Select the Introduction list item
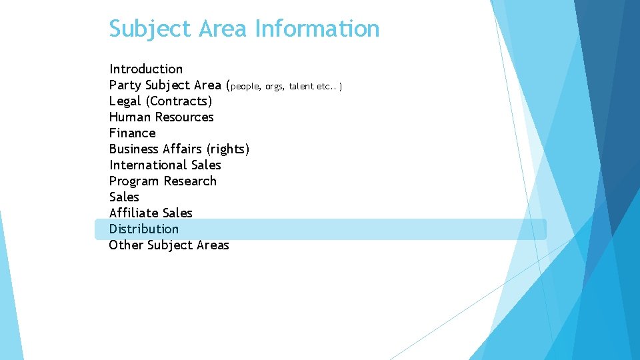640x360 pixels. [x=146, y=69]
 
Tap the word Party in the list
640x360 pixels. [x=125, y=85]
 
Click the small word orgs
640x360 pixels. [x=273, y=86]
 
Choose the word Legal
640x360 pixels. [x=125, y=101]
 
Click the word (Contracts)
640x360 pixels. [x=179, y=101]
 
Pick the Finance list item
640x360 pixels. [x=132, y=133]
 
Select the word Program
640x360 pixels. [x=135, y=181]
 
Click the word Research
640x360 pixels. [x=190, y=181]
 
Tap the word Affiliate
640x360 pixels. [x=134, y=213]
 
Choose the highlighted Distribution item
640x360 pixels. [x=144, y=229]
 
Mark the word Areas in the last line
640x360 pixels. [x=213, y=245]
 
